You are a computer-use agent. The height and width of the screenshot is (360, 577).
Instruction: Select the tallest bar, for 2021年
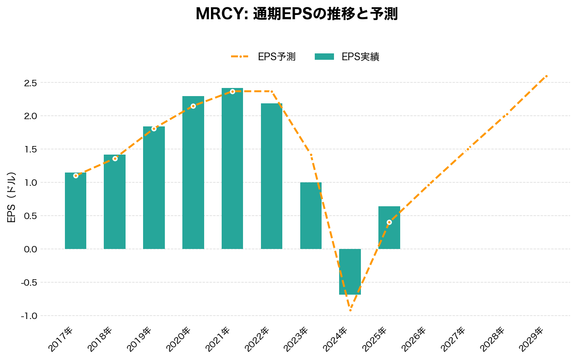click(232, 168)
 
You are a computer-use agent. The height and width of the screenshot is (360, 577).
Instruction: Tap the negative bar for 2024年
click(350, 272)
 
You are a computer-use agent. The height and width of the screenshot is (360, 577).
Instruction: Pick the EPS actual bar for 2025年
click(389, 228)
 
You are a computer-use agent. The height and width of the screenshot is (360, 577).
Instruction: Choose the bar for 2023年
click(310, 216)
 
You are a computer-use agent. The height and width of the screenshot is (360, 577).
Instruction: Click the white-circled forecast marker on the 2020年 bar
click(193, 106)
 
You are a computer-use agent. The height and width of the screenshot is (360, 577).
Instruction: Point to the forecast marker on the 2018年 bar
click(115, 158)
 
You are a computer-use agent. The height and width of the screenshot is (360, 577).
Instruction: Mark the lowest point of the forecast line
click(350, 310)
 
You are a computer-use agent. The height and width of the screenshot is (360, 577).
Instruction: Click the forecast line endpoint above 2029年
click(546, 76)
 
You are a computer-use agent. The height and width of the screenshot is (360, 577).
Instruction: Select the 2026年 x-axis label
click(413, 339)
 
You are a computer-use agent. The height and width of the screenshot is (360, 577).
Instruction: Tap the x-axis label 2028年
click(492, 339)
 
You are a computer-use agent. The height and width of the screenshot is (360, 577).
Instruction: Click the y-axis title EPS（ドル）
click(12, 197)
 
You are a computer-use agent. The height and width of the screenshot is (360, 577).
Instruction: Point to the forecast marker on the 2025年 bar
click(389, 222)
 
